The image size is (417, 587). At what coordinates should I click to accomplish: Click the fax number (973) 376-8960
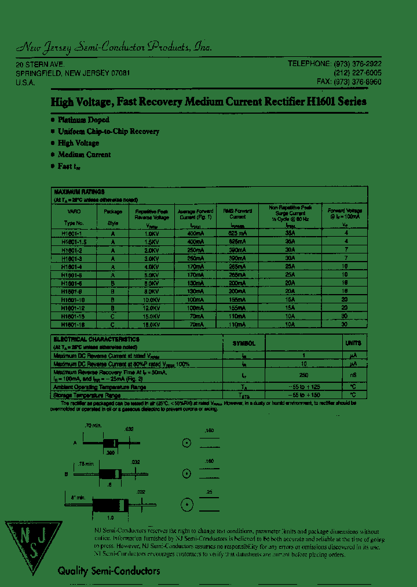click(357, 82)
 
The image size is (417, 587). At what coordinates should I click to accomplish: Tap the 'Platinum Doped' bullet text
click(83, 119)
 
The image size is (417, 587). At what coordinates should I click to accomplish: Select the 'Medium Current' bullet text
click(84, 155)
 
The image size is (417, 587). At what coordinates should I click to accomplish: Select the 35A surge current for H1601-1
click(290, 233)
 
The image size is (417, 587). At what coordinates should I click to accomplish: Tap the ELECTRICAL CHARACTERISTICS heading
click(96, 339)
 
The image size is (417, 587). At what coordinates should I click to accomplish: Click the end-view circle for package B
click(187, 473)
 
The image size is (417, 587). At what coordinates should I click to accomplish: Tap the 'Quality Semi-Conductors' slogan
click(108, 571)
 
